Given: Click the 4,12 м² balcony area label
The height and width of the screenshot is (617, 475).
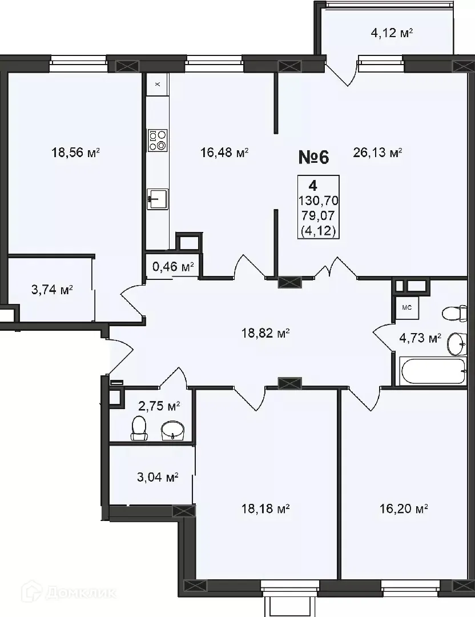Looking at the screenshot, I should click(392, 33).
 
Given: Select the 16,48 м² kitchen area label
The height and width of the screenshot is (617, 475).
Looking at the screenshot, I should click(224, 153).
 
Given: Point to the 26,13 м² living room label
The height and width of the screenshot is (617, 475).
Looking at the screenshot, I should click(379, 153).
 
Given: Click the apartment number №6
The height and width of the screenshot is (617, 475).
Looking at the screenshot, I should click(314, 156).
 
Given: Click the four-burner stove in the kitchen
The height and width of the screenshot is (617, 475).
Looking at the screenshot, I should click(158, 140).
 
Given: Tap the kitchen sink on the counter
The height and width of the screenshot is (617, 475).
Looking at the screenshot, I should click(157, 199).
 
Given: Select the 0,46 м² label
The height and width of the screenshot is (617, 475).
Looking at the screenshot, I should click(172, 266).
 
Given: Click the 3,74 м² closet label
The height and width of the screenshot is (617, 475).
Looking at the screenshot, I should click(52, 290).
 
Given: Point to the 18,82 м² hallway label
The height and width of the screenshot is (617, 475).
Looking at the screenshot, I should click(266, 332).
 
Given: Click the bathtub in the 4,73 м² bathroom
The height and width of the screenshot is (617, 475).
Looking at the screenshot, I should click(433, 372).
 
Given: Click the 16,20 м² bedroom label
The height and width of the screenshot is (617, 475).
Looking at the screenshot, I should click(404, 508).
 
